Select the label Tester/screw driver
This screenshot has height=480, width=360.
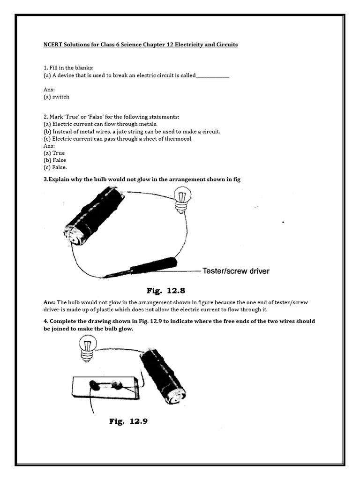pyautogui.click(x=236, y=271)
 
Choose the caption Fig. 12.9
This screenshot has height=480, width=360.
pyautogui.click(x=128, y=421)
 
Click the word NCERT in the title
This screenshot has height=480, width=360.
pyautogui.click(x=48, y=45)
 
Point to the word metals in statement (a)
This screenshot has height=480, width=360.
pyautogui.click(x=148, y=124)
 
